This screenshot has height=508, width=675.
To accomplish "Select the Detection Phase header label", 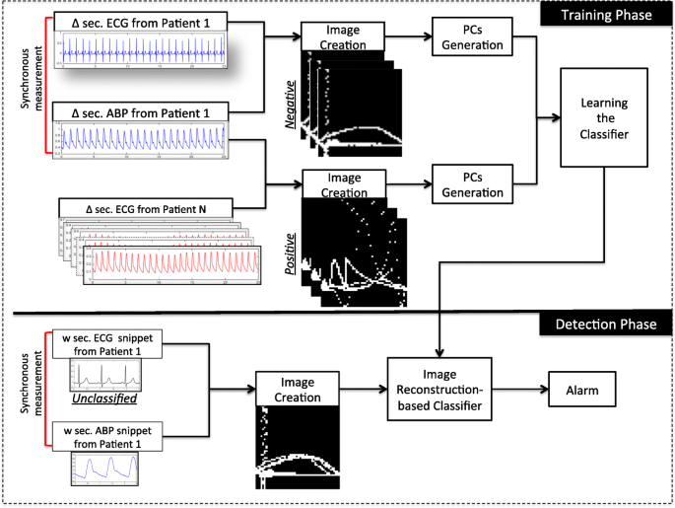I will pyautogui.click(x=603, y=324).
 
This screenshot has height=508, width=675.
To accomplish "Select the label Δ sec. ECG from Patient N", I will pyautogui.click(x=145, y=207).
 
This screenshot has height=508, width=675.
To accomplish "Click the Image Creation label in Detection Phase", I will pyautogui.click(x=297, y=390).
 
